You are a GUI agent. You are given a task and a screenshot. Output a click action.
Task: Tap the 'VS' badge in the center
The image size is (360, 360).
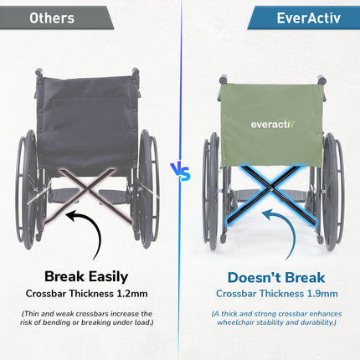(180, 171)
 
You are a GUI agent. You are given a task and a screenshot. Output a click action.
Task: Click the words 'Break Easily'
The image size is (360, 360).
(87, 277)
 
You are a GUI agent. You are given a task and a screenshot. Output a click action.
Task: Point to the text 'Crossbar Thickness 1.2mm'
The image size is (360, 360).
(87, 295)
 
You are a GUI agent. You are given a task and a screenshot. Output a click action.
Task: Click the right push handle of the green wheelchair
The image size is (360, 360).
(321, 81)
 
